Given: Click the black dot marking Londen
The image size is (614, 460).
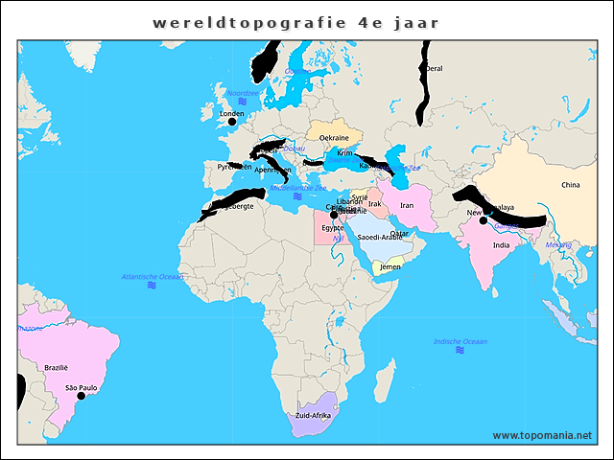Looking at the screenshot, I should tap(231, 122).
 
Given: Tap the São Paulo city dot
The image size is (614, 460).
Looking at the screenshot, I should tap(82, 396).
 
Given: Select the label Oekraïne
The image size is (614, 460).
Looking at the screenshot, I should tap(334, 138).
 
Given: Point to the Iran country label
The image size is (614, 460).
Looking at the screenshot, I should tap(406, 205).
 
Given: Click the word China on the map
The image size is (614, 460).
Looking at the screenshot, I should tap(571, 185).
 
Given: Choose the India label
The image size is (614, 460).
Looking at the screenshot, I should tap(501, 245).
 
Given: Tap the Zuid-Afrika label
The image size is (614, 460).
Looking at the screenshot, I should tap(314, 416).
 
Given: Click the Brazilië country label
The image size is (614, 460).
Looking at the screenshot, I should tap(57, 367).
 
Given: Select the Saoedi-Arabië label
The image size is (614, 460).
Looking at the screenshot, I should tap(380, 237).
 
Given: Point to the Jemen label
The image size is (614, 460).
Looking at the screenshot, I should tap(390, 266).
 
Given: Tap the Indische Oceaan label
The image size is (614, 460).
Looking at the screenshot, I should tap(460, 341).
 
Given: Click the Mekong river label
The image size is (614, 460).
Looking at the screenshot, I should tap(558, 244).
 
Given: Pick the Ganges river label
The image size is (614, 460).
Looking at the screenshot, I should tap(506, 225).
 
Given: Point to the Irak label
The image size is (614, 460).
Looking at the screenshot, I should tap(374, 203).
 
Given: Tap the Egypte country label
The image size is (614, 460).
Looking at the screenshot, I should tap(333, 228).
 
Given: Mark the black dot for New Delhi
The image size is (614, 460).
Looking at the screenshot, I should tap(484, 221).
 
